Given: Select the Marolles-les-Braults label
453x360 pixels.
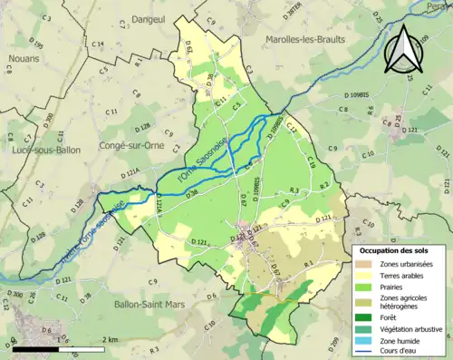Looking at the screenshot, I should point(305,40).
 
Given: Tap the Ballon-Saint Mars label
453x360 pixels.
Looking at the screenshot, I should point(134,305).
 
